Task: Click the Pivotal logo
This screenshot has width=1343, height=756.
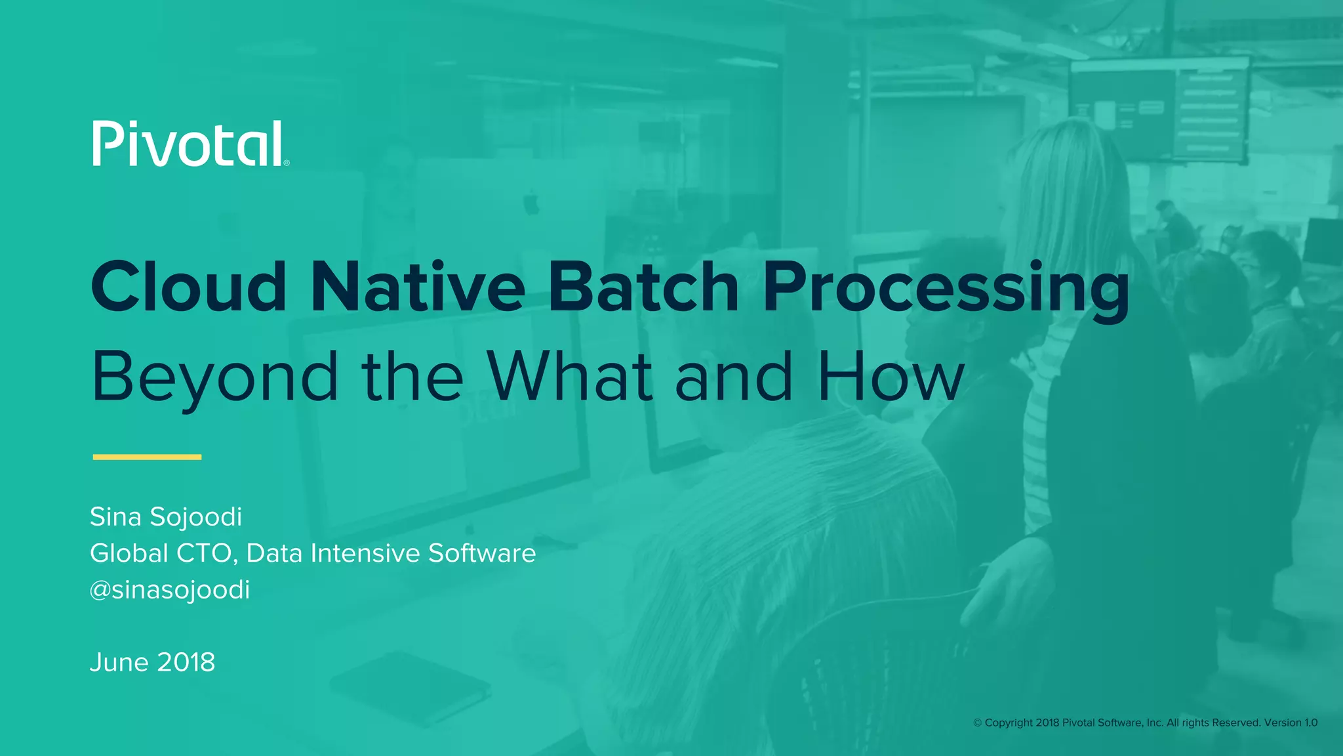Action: coord(188,144)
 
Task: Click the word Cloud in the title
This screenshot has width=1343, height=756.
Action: coord(189,287)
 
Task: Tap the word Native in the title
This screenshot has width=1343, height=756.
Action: coord(417,287)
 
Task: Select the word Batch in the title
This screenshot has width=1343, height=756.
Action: coord(643,287)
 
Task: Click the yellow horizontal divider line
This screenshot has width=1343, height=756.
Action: coord(147,457)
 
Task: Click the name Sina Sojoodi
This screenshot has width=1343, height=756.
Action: coord(166,517)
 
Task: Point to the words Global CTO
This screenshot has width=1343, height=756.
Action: coord(162,553)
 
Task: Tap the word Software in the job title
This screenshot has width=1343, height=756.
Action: coord(482,553)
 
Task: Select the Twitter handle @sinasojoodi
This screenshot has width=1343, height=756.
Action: coord(170,590)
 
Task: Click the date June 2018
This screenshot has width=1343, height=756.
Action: coord(152,662)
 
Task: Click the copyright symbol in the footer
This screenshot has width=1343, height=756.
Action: coord(977,723)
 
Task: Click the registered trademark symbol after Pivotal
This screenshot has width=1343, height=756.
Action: coord(287,163)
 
